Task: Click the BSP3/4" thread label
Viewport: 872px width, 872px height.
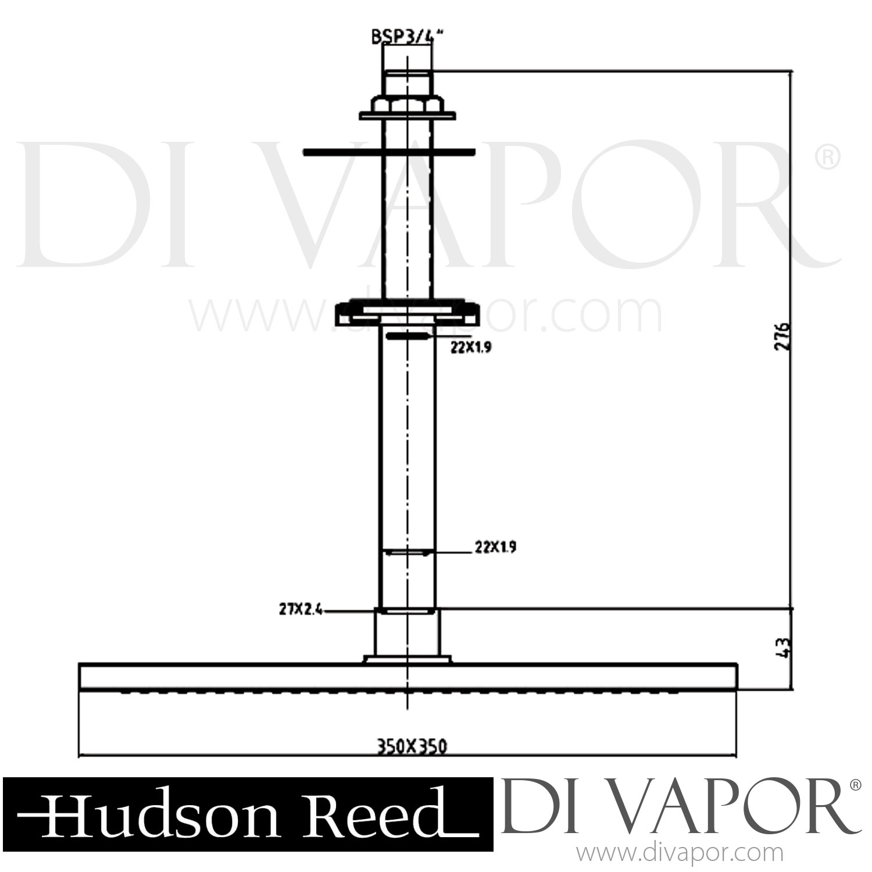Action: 407,37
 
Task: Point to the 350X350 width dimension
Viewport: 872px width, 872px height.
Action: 407,746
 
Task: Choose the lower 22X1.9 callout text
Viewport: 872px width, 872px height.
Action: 495,547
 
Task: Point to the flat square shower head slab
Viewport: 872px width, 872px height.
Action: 407,677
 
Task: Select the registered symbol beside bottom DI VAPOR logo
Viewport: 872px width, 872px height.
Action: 854,785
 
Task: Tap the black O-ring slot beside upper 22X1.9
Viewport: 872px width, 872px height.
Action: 407,336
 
